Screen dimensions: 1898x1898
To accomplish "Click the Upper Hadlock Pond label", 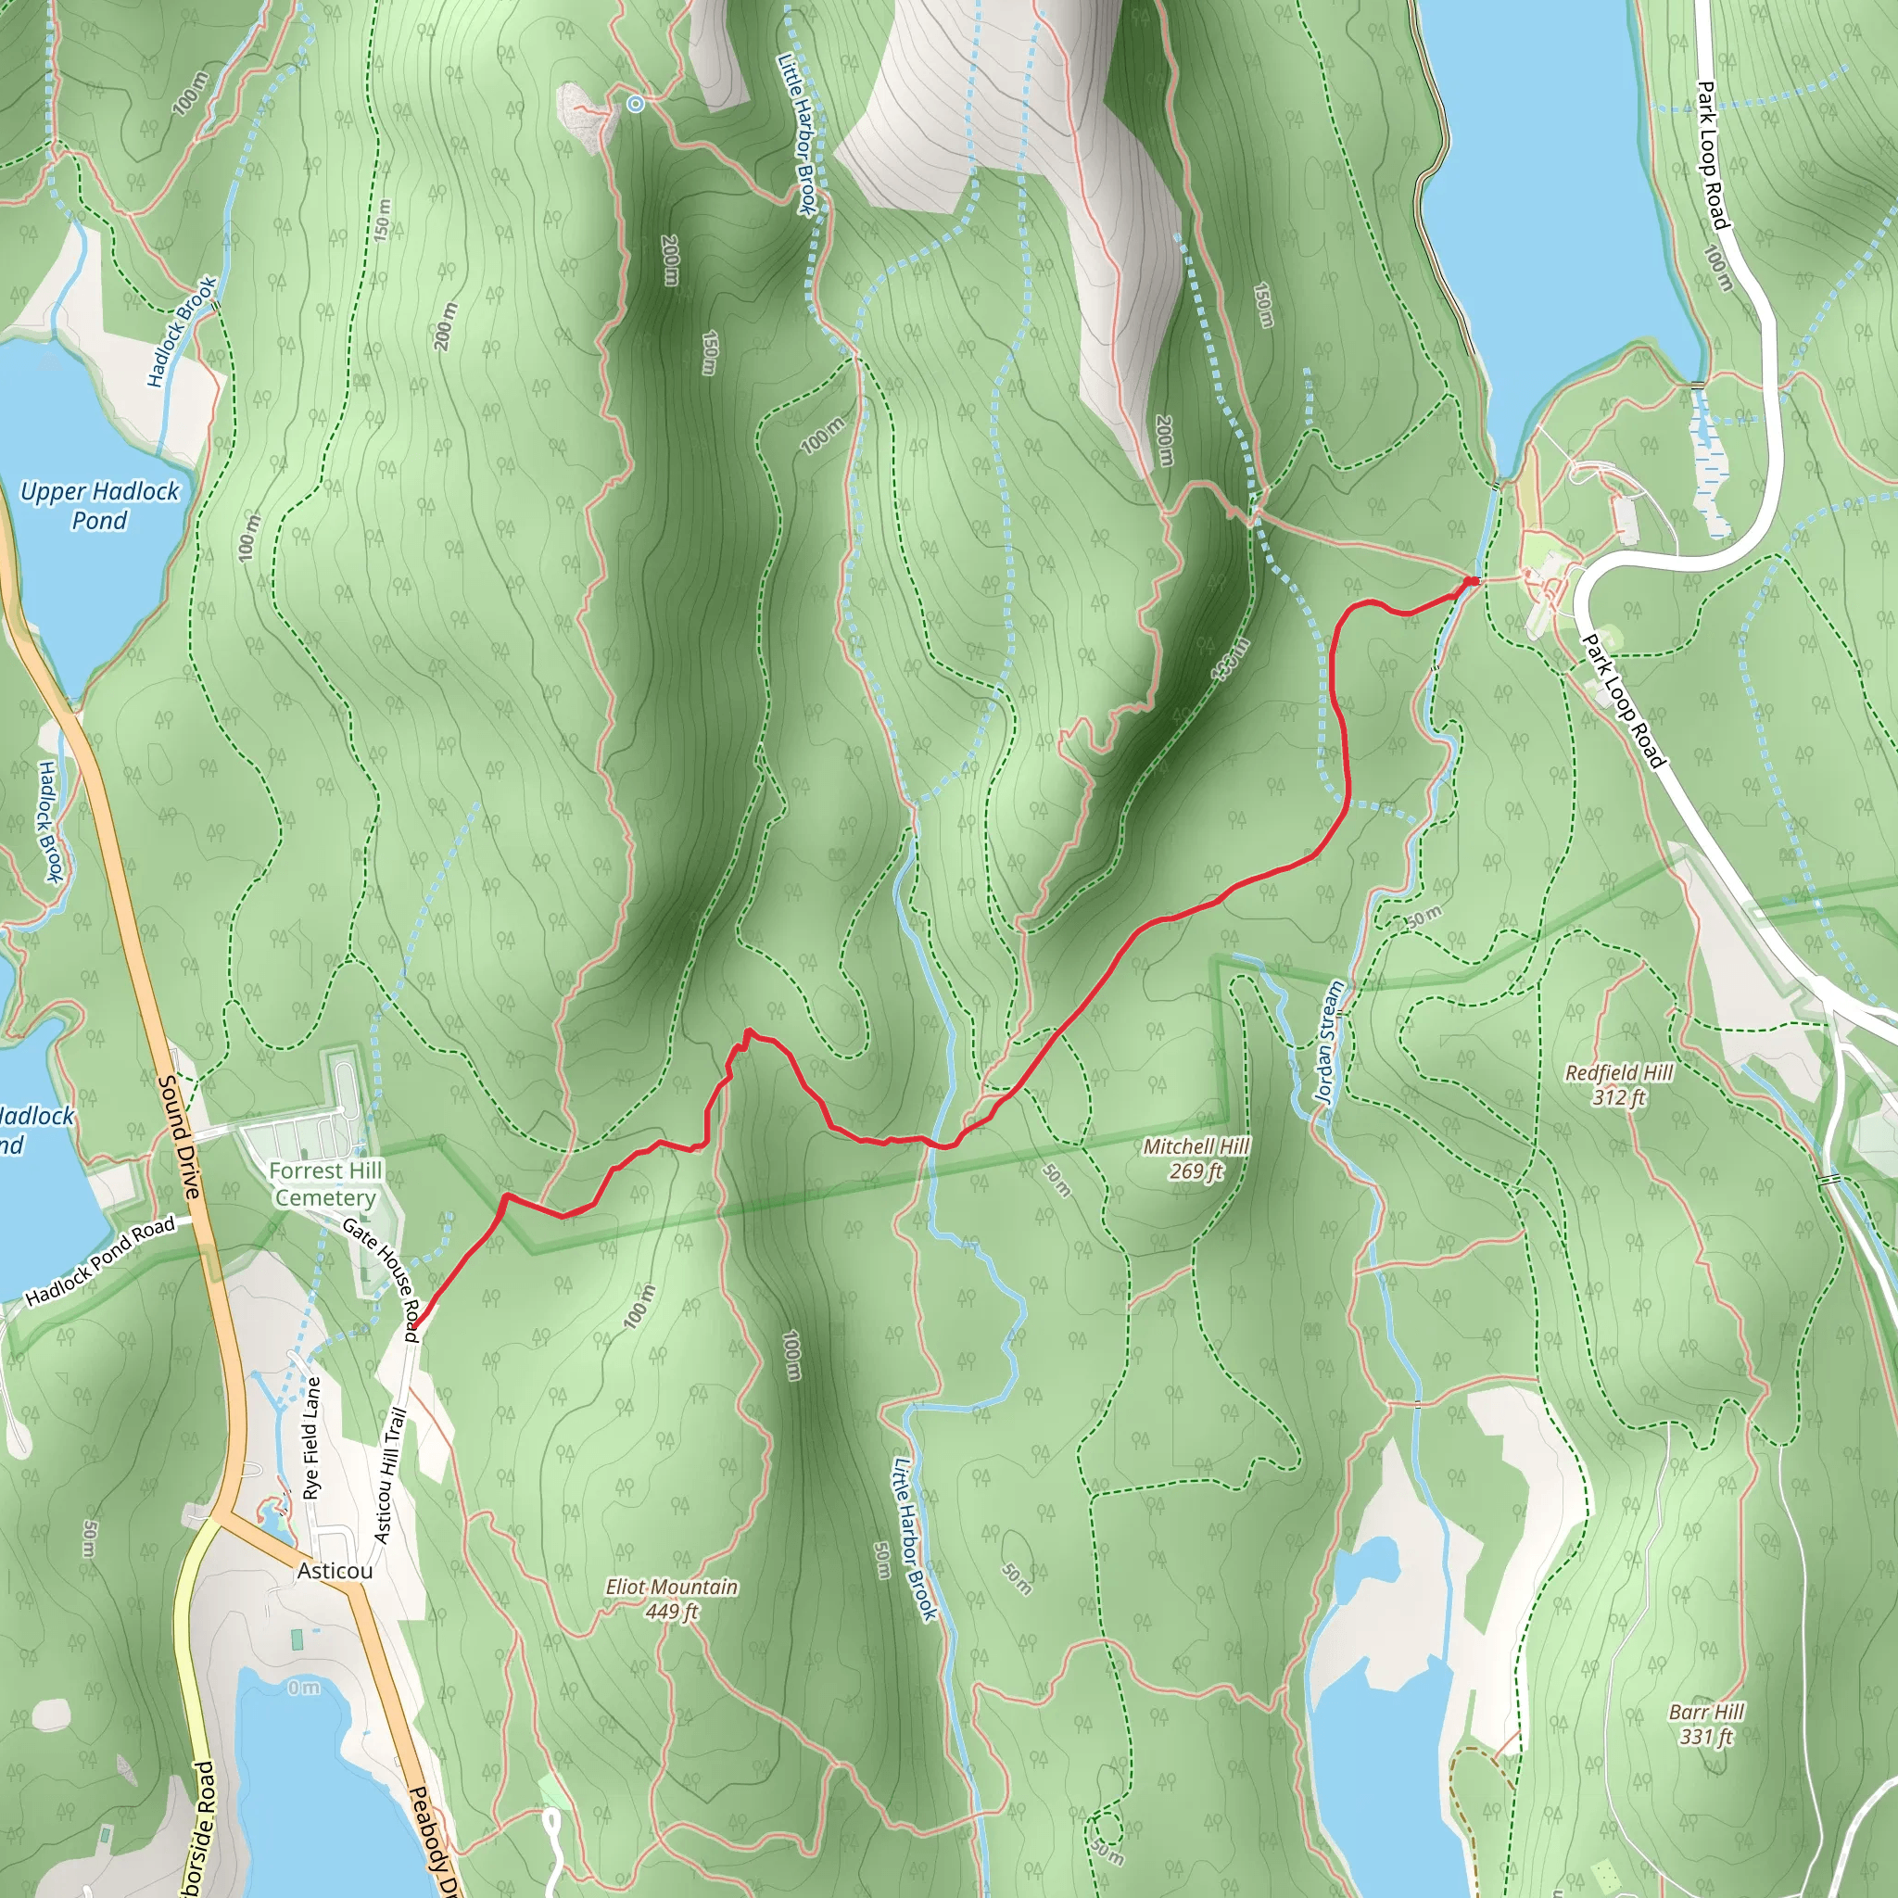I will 100,505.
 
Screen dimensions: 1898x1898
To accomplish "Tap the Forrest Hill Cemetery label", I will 324,1183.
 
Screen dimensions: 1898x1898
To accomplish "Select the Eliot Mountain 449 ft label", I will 672,1599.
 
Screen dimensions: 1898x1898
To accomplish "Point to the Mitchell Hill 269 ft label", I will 1196,1158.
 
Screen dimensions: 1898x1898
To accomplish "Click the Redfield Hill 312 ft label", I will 1619,1084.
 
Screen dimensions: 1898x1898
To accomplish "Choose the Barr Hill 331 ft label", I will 1707,1724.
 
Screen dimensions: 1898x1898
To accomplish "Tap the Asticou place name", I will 334,1571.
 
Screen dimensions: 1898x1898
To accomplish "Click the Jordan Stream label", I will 1329,1043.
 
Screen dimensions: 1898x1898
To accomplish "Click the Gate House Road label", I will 382,1271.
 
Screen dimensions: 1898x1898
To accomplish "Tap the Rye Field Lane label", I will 312,1438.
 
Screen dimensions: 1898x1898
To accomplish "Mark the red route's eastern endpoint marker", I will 1471,583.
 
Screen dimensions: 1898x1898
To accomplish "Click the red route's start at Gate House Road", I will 413,1327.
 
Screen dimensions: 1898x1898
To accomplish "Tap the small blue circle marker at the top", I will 636,103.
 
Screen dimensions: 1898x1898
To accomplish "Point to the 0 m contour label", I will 304,1688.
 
